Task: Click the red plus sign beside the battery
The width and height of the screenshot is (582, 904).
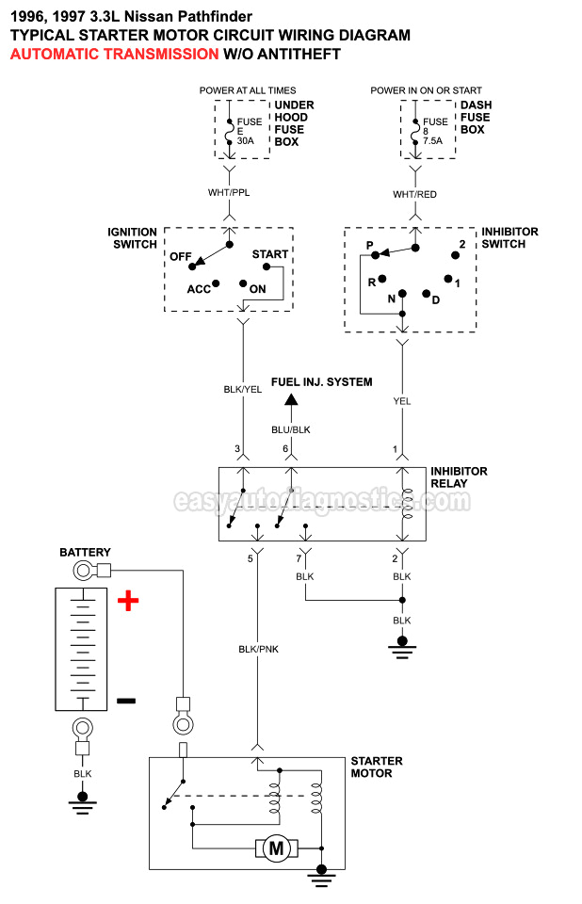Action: click(128, 601)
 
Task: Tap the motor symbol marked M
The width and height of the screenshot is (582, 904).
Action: click(277, 848)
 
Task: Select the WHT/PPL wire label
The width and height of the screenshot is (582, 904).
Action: click(229, 193)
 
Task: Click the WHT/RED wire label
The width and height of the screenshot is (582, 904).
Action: click(414, 194)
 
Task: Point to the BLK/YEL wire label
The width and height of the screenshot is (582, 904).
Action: click(243, 389)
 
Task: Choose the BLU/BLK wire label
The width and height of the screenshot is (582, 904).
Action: click(291, 429)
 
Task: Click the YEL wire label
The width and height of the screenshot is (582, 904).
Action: click(402, 400)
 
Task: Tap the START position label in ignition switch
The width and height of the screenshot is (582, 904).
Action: click(270, 254)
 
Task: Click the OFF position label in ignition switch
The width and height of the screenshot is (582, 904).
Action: click(182, 256)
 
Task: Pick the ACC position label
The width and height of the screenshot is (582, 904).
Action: click(198, 289)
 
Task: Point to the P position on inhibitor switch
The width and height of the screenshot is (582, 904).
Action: click(370, 245)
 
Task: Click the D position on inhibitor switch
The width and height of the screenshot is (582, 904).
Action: click(436, 299)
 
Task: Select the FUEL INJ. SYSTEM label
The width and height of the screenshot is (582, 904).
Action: click(321, 382)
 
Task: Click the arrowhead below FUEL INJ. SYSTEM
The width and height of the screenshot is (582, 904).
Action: click(291, 401)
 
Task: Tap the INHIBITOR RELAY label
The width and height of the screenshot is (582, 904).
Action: click(459, 477)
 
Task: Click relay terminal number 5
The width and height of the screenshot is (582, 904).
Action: click(251, 559)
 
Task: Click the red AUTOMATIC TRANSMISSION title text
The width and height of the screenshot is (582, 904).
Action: click(114, 55)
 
